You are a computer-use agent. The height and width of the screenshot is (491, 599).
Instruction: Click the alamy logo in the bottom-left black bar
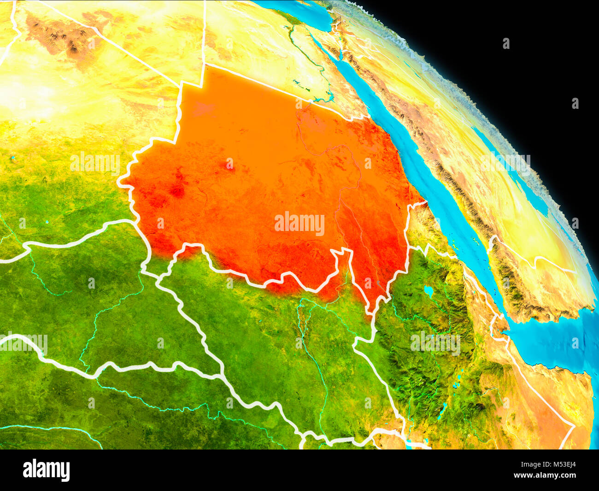pos(46,470)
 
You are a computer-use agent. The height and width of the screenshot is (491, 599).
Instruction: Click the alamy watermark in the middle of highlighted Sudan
pos(299,224)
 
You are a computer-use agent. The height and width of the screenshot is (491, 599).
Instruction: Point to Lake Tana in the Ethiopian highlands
pos(428,291)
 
